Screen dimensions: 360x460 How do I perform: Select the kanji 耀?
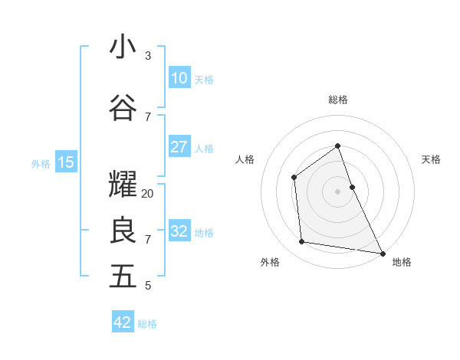coord(123,185)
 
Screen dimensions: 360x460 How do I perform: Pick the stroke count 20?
coord(148,193)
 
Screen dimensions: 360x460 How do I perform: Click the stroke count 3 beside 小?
coord(148,56)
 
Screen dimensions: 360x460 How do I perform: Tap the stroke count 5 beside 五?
coord(148,286)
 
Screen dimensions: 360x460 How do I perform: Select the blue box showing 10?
coord(179,78)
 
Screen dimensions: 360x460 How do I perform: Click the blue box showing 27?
coord(179,147)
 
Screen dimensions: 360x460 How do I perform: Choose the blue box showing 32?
coord(179,231)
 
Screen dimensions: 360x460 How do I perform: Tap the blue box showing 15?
coord(65,162)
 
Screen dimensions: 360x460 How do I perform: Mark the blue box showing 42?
coord(123,322)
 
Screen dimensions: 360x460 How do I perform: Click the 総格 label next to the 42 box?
coord(147,324)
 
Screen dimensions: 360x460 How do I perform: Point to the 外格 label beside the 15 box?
coord(41,163)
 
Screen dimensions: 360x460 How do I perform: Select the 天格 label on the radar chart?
coord(431,159)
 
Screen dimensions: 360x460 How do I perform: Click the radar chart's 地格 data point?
coord(382,253)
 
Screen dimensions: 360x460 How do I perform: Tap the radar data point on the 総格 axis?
coord(337,146)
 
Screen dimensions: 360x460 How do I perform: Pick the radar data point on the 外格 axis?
coord(302,242)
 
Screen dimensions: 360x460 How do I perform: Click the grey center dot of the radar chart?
coord(337,191)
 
